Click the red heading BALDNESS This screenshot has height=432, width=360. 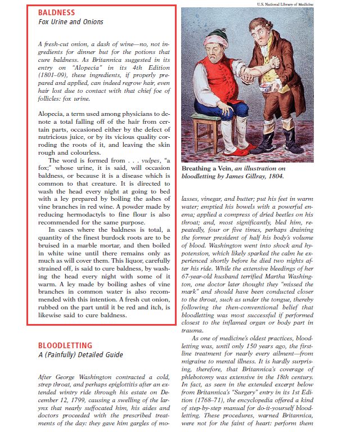pos(56,12)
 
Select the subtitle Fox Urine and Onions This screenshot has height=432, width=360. pos(70,22)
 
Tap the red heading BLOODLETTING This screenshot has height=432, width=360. pos(65,345)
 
